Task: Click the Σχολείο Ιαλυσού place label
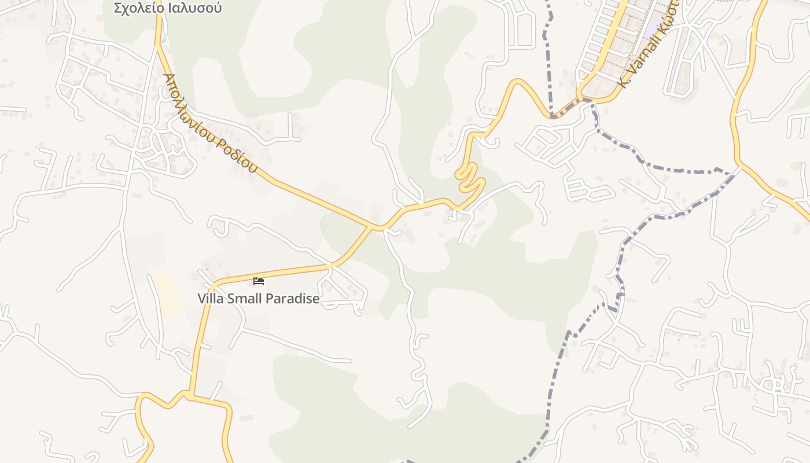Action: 168,8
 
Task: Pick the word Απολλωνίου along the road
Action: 187,101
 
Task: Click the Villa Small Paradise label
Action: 258,299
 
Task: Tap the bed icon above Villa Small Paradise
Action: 259,281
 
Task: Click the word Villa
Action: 210,299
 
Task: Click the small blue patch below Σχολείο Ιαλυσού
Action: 164,42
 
